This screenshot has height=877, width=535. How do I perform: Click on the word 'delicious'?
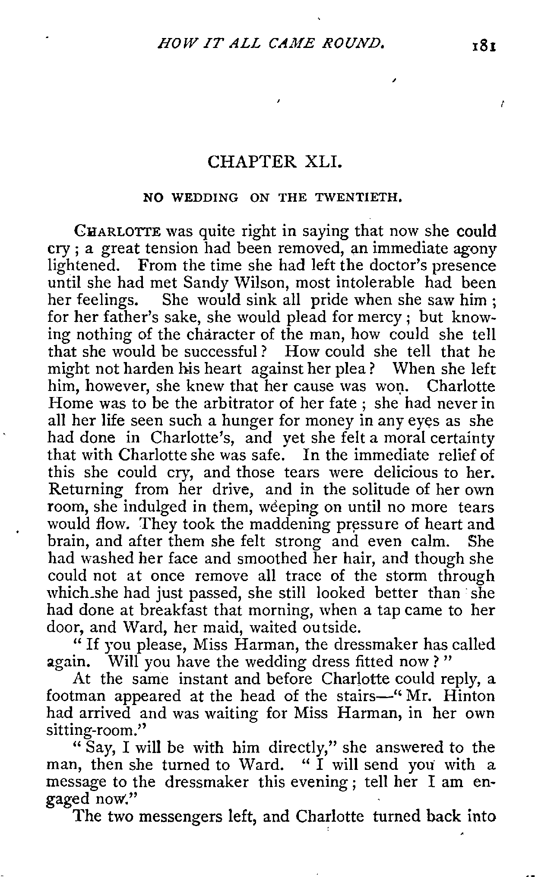coord(410,472)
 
